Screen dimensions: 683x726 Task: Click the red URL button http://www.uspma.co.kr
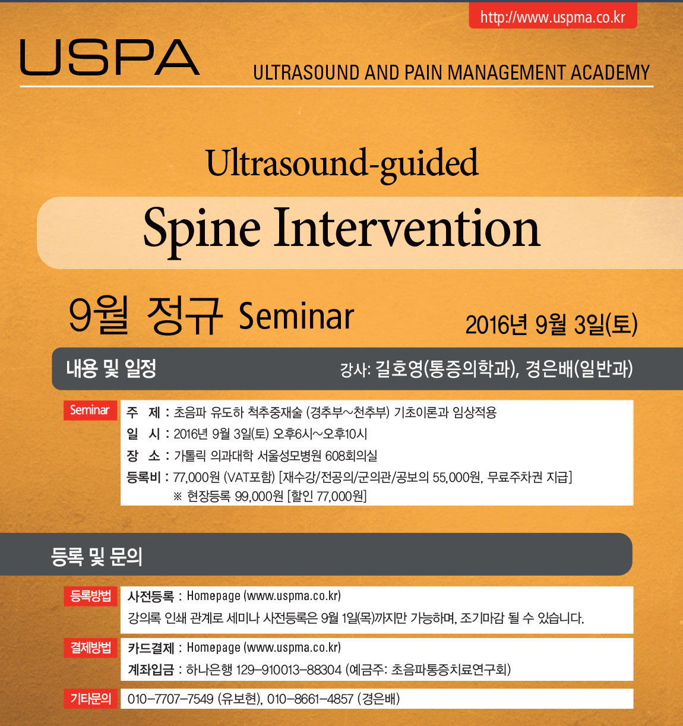click(x=553, y=16)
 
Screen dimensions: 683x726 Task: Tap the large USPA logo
click(x=110, y=58)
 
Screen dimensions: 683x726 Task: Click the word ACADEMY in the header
click(x=610, y=72)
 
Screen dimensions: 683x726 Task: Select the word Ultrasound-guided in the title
click(x=342, y=164)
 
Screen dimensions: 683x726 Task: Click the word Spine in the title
click(x=201, y=230)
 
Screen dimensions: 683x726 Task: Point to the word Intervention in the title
click(x=407, y=228)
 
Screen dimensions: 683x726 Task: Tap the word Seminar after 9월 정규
click(x=296, y=316)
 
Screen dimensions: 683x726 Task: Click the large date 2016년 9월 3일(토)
click(x=551, y=324)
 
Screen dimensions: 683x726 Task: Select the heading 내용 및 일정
click(x=111, y=368)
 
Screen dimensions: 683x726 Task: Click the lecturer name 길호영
click(x=399, y=369)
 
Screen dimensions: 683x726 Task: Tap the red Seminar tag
click(x=90, y=410)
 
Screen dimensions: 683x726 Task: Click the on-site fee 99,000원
click(x=259, y=497)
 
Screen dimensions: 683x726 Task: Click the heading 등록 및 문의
click(x=96, y=557)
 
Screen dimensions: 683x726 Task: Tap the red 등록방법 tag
click(x=90, y=596)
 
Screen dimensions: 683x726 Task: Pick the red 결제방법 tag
click(x=90, y=648)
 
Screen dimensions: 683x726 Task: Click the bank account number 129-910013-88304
click(x=289, y=670)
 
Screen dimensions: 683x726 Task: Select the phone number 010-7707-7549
click(x=170, y=699)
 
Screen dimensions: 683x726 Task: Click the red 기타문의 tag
click(x=90, y=699)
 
